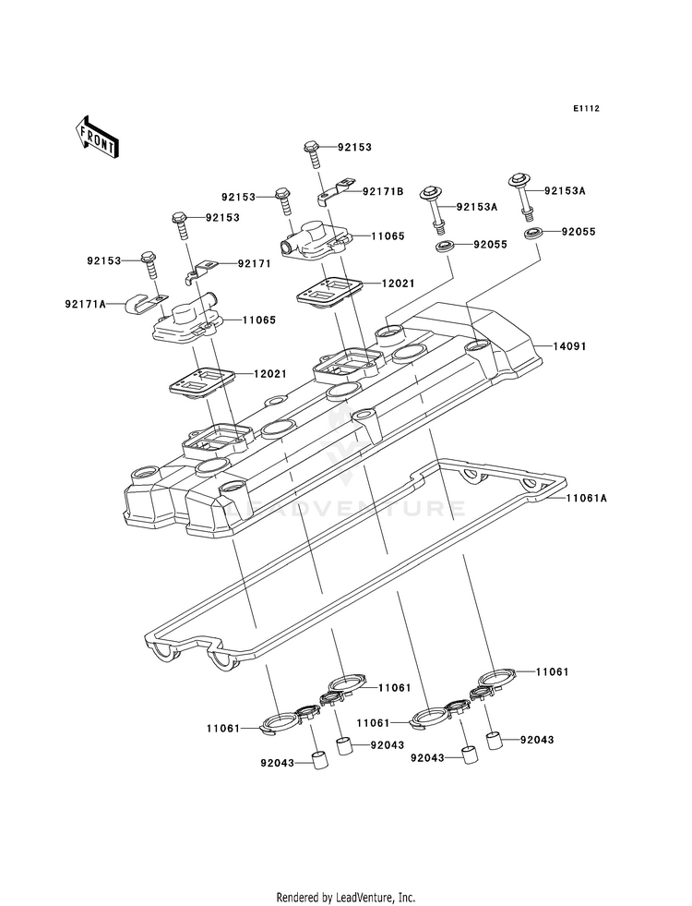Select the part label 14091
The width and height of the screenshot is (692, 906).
tap(569, 346)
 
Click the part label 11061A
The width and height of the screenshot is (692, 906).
tap(586, 498)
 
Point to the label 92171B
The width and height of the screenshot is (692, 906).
tap(383, 191)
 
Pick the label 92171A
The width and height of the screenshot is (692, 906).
tap(86, 303)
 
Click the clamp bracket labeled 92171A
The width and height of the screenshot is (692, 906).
tap(147, 303)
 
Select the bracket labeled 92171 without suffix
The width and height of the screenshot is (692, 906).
tap(200, 272)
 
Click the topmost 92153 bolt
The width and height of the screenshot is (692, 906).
tap(312, 153)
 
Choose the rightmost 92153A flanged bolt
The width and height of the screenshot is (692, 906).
tap(519, 196)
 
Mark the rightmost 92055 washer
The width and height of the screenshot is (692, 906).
tap(534, 234)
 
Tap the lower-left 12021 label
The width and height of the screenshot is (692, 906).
tap(270, 374)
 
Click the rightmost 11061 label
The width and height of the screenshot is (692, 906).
tap(552, 672)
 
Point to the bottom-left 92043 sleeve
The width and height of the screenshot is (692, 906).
tap(320, 759)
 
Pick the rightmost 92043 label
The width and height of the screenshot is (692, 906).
tap(537, 740)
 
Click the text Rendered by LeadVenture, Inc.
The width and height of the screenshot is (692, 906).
tap(346, 898)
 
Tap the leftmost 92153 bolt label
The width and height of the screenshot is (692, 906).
tap(104, 260)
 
